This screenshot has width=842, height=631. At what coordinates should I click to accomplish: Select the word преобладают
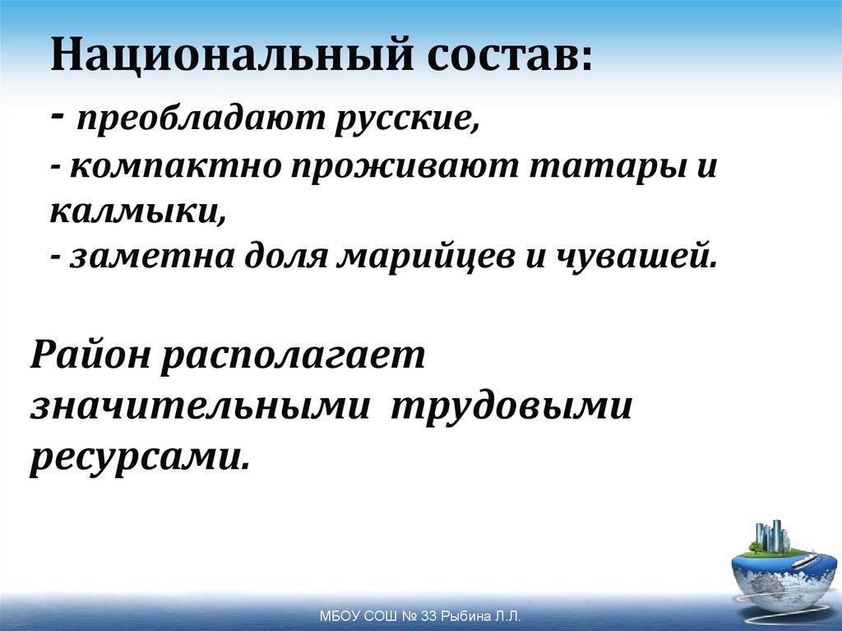click(201, 122)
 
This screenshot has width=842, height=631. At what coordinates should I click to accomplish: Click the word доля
click(285, 258)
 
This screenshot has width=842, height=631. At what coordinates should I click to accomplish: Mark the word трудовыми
click(511, 406)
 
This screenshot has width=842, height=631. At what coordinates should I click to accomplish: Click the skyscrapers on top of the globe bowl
click(772, 536)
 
